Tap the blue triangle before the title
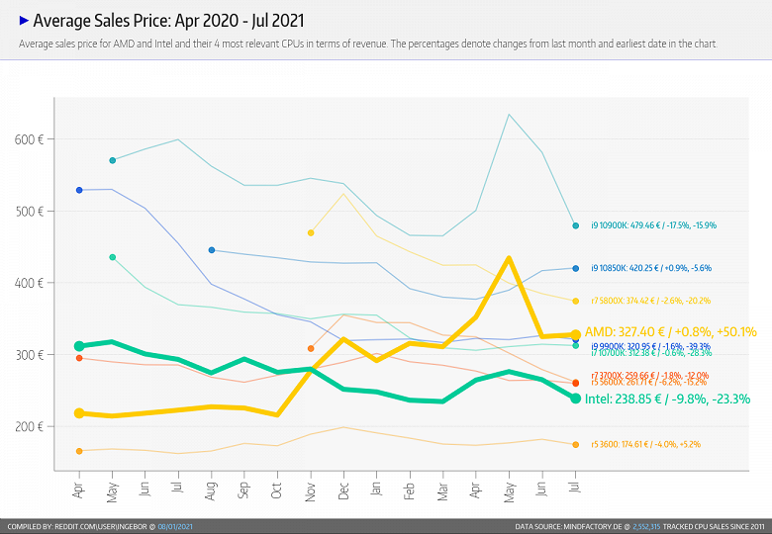pyautogui.click(x=25, y=19)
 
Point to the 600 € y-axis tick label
pyautogui.click(x=30, y=139)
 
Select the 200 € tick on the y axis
pyautogui.click(x=30, y=426)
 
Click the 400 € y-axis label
pyautogui.click(x=30, y=283)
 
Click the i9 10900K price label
pyautogui.click(x=653, y=225)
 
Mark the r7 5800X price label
pyautogui.click(x=650, y=300)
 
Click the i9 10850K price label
pyautogui.click(x=650, y=268)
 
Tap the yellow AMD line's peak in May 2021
pyautogui.click(x=509, y=259)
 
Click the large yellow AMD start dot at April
pyautogui.click(x=79, y=413)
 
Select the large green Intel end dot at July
pyautogui.click(x=575, y=398)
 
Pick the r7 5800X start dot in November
pyautogui.click(x=311, y=232)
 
